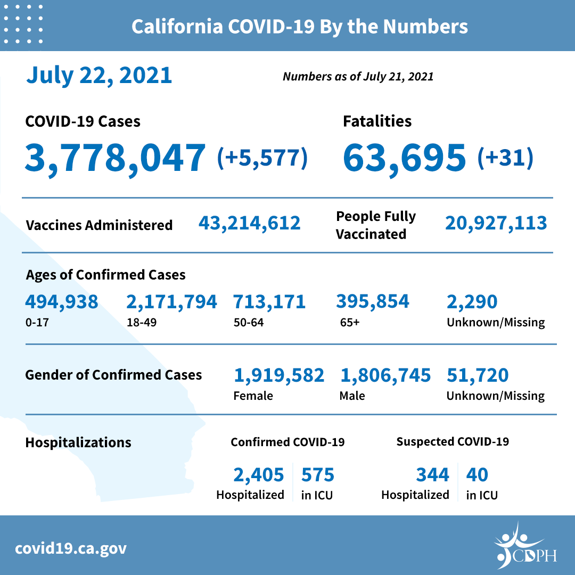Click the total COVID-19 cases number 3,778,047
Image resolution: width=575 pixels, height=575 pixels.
tap(115, 158)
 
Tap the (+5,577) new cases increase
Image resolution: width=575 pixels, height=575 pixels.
tap(262, 158)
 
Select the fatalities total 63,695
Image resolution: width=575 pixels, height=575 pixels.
tap(405, 158)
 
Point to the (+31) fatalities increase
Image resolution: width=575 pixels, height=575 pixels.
tap(505, 158)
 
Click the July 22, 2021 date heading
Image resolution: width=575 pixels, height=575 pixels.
tap(99, 76)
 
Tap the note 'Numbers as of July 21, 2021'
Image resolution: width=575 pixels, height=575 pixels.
tap(358, 77)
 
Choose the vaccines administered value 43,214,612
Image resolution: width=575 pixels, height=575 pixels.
tap(250, 223)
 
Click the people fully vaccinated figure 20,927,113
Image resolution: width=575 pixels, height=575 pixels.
tap(496, 223)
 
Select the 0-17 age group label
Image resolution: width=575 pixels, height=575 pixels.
tap(35, 323)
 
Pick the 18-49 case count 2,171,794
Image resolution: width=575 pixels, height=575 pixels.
tap(171, 302)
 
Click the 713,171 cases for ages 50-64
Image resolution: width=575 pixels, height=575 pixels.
tap(269, 302)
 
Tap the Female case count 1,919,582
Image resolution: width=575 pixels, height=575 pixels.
tap(279, 375)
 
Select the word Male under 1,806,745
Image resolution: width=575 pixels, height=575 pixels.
tap(352, 396)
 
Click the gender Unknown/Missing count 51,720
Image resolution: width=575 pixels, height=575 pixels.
tap(478, 375)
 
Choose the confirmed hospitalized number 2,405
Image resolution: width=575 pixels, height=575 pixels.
tap(258, 474)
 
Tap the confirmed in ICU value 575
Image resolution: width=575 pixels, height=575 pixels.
tap(318, 474)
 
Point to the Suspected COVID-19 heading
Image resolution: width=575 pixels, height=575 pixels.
tap(453, 442)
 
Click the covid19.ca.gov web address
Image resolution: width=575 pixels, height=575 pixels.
tap(71, 548)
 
